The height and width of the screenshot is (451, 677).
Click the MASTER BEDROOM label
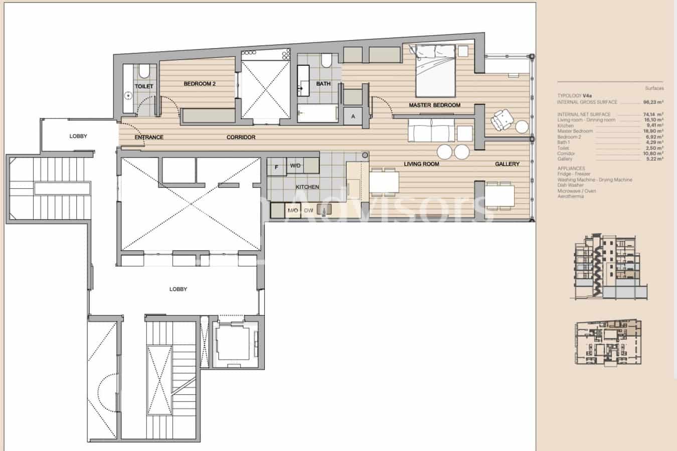(x=434, y=105)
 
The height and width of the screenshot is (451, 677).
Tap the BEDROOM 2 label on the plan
(x=200, y=83)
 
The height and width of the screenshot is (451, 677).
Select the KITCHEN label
(x=307, y=187)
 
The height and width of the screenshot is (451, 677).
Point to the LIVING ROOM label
(x=421, y=164)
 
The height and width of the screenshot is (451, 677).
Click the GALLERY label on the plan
(x=507, y=164)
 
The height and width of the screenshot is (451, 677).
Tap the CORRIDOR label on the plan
(x=241, y=137)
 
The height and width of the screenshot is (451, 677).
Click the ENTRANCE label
(x=149, y=137)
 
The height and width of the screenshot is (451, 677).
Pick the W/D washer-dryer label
(x=295, y=166)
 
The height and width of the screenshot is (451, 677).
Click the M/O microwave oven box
(x=293, y=210)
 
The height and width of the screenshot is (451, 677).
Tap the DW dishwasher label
(x=308, y=210)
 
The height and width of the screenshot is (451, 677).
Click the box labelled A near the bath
(x=353, y=117)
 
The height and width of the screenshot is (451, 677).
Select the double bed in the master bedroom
(x=435, y=70)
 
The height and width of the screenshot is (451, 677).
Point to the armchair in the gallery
(x=502, y=120)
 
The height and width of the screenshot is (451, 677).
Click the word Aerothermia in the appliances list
(x=570, y=196)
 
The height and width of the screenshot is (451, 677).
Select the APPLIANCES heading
(x=571, y=168)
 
